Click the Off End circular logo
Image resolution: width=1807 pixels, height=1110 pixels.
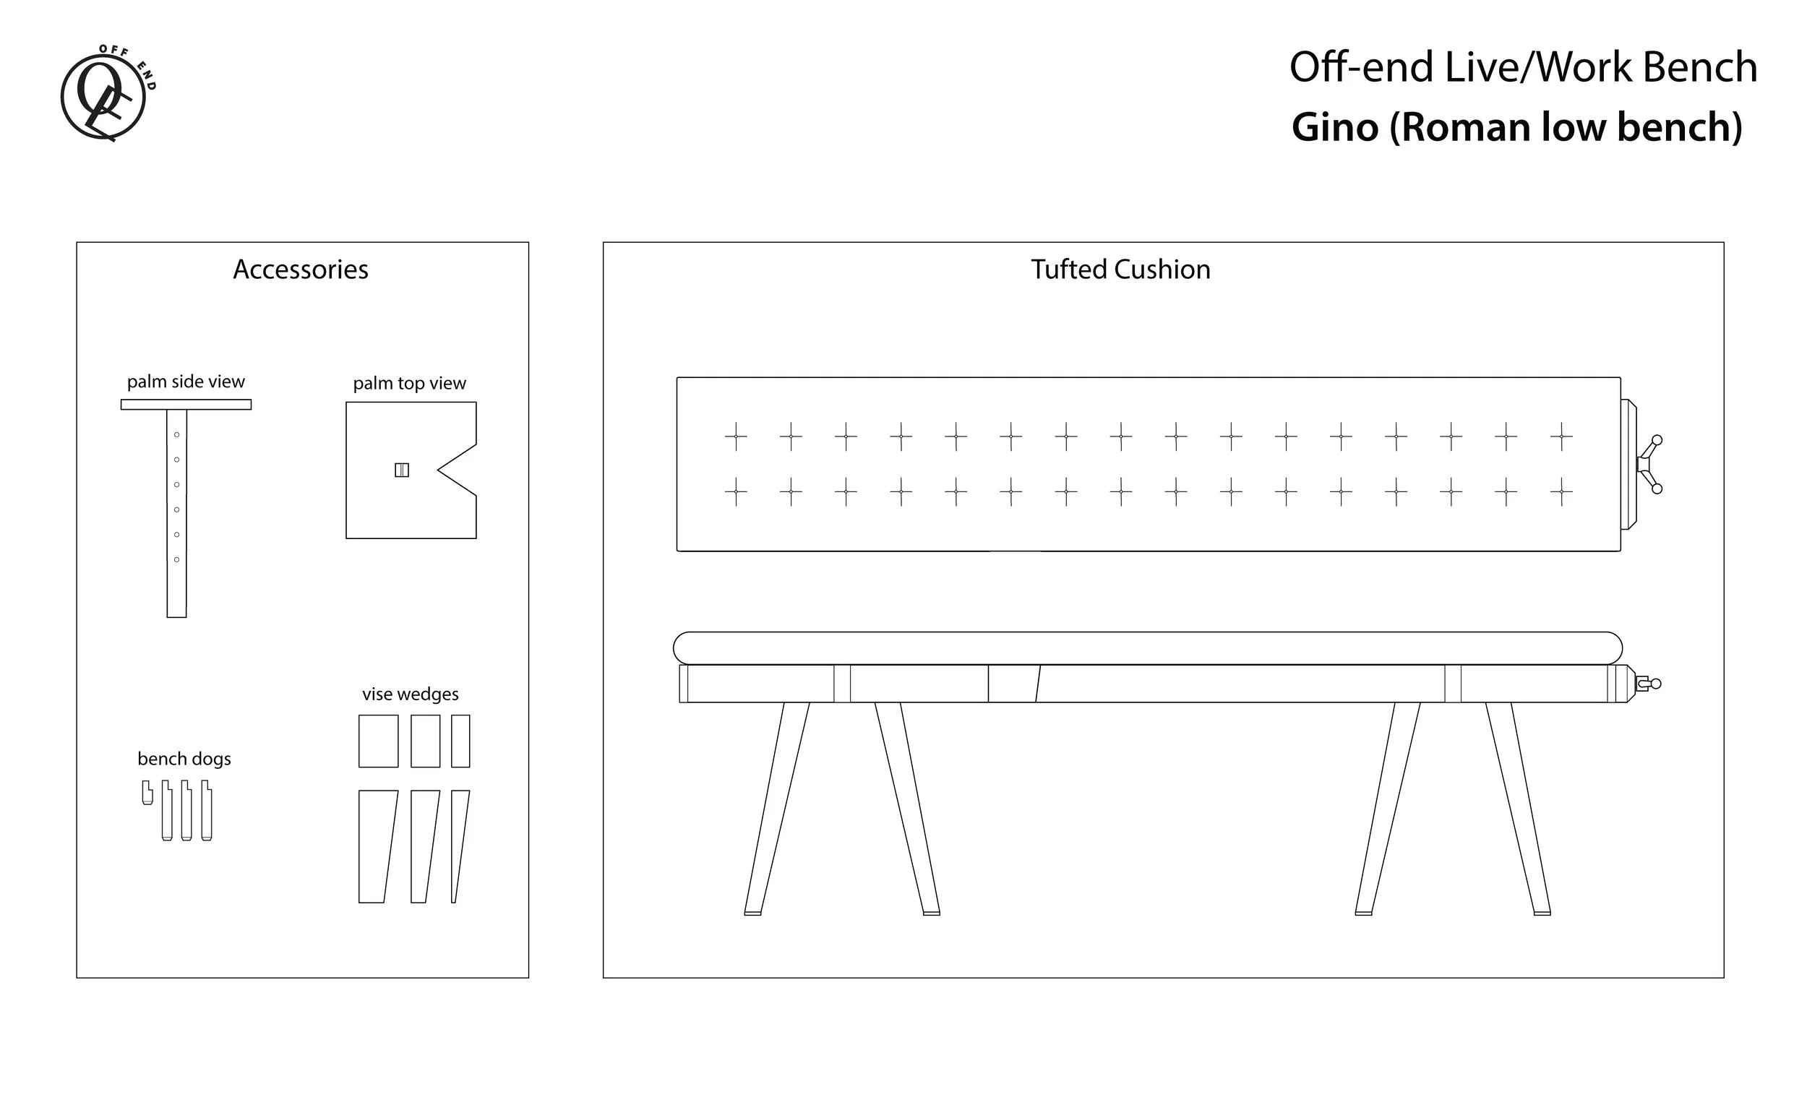pyautogui.click(x=104, y=95)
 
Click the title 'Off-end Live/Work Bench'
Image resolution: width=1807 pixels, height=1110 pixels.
pyautogui.click(x=1522, y=67)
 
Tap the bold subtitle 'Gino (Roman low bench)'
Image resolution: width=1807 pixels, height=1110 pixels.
pyautogui.click(x=1516, y=127)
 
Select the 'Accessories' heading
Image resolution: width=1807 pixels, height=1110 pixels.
pyautogui.click(x=300, y=270)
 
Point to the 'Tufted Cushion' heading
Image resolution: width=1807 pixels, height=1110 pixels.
pyautogui.click(x=1120, y=270)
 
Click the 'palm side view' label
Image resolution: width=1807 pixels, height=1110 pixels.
pyautogui.click(x=186, y=382)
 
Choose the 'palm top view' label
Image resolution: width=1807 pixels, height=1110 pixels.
pyautogui.click(x=409, y=383)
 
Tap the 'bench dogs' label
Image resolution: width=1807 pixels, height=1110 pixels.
pyautogui.click(x=184, y=758)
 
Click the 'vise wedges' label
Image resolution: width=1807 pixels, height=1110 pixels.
pyautogui.click(x=410, y=694)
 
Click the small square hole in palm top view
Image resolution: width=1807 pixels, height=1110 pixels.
pyautogui.click(x=402, y=470)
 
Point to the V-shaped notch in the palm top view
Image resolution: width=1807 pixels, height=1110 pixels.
pyautogui.click(x=457, y=470)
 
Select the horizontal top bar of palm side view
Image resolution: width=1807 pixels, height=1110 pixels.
pyautogui.click(x=186, y=405)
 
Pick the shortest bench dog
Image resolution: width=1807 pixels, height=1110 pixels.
pyautogui.click(x=147, y=792)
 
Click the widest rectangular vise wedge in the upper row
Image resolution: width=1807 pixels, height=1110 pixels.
pyautogui.click(x=378, y=741)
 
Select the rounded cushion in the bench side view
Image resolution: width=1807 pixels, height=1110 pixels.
pyautogui.click(x=1148, y=648)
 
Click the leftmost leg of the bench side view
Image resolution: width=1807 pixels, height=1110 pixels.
pyautogui.click(x=776, y=807)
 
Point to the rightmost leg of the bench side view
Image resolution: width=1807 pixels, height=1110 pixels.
pyautogui.click(x=1520, y=807)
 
